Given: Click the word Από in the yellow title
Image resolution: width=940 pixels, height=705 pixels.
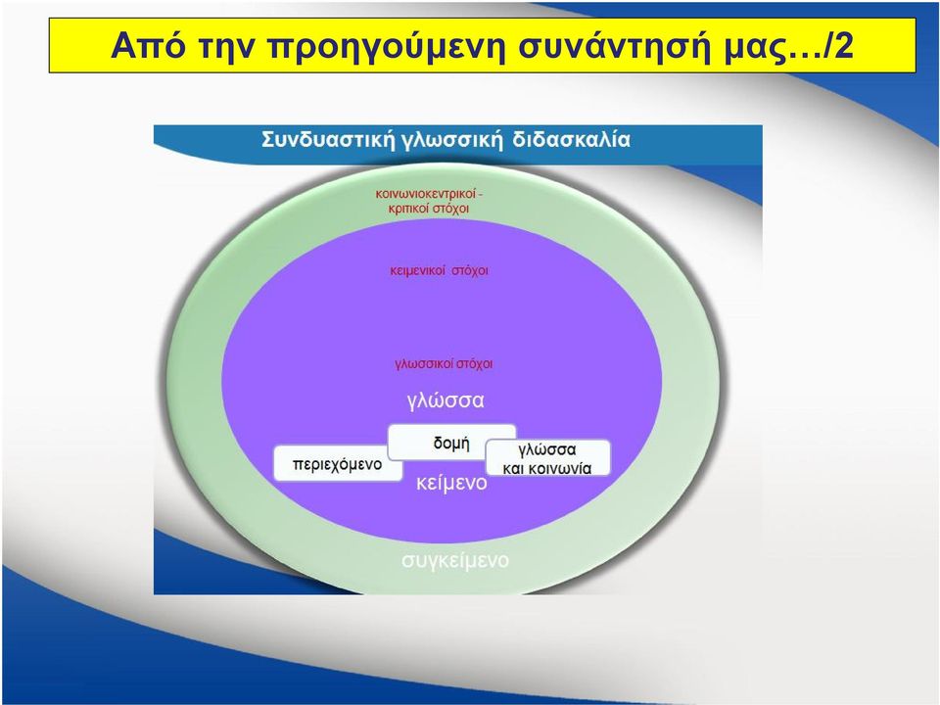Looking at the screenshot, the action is click(x=148, y=45).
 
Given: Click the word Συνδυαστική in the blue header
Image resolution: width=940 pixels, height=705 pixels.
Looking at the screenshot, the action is click(x=328, y=140).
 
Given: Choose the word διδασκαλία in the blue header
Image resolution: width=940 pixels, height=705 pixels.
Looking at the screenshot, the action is click(x=571, y=140).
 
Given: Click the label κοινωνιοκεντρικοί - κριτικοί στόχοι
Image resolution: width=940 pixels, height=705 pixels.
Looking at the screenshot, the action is click(x=429, y=202).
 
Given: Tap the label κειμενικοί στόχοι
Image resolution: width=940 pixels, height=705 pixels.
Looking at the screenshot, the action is click(x=439, y=271).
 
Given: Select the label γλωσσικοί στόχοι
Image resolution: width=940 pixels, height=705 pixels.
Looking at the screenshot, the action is click(x=444, y=364).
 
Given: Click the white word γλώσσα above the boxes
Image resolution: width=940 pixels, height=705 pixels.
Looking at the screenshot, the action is click(x=446, y=400).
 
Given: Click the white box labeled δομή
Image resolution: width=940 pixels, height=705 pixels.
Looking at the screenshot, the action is click(x=452, y=442).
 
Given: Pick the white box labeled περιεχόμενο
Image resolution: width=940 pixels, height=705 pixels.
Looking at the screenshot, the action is click(x=338, y=463).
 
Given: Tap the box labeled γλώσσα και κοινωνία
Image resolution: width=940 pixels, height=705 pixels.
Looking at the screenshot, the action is click(x=547, y=458).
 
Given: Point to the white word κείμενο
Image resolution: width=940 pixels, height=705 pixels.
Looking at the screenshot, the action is click(x=451, y=483).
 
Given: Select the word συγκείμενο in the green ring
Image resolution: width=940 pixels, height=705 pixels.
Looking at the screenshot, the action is click(x=455, y=560).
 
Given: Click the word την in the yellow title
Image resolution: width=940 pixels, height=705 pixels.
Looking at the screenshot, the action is click(x=225, y=48).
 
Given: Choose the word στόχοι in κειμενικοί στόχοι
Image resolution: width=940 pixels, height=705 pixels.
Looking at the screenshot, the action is click(x=470, y=271).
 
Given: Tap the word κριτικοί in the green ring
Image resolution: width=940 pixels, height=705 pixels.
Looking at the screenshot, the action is click(x=408, y=209).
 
